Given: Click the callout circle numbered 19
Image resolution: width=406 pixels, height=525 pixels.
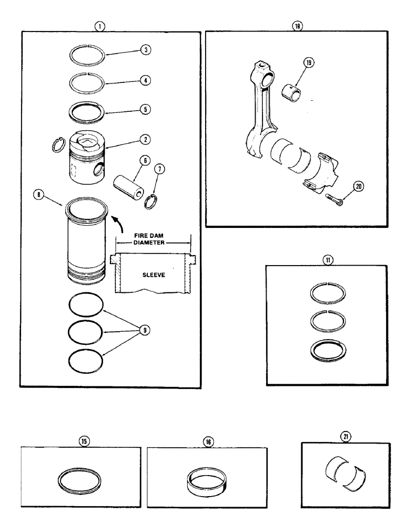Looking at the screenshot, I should coord(308,62).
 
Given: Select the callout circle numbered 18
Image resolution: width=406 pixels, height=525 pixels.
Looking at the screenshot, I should coord(300,26).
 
